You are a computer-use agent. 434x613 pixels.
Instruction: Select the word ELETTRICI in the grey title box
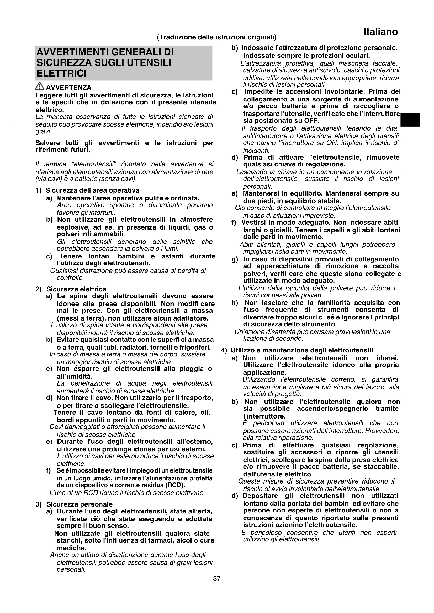(61, 73)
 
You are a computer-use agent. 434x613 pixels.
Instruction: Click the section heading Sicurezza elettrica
(76, 289)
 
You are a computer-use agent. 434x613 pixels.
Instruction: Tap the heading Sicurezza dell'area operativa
(92, 190)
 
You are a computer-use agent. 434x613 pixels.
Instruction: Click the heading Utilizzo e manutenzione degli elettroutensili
(302, 350)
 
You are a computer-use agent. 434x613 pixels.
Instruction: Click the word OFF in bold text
(312, 120)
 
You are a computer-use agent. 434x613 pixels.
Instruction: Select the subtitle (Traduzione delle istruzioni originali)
(217, 37)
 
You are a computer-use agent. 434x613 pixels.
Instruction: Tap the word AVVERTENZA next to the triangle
(69, 88)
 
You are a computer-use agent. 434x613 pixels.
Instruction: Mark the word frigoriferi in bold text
(195, 347)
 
